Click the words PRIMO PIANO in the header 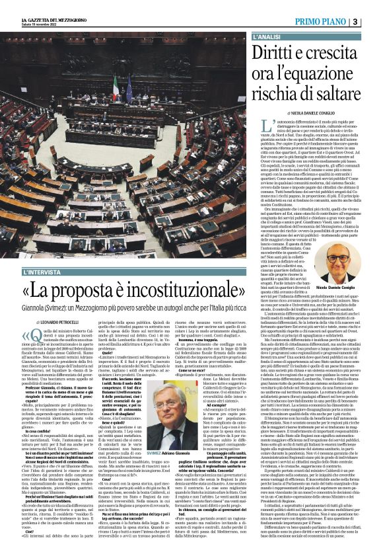coord(319,22)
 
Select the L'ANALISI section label coord(269,36)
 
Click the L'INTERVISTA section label coord(47,272)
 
